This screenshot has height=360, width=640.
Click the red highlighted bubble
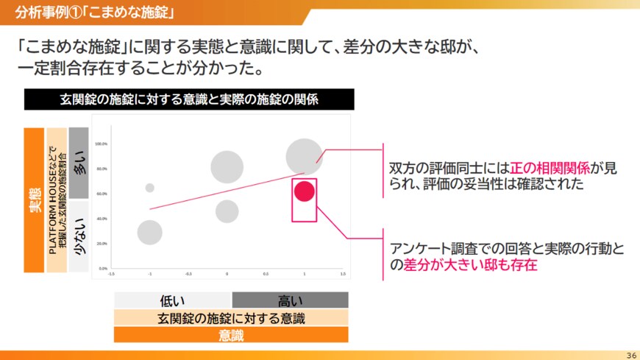305,191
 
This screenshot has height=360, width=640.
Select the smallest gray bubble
150,188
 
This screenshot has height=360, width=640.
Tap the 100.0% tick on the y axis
102,144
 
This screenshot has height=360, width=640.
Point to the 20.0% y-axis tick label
102,243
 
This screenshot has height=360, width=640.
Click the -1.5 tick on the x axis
111,274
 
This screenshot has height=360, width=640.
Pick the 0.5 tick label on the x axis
266,274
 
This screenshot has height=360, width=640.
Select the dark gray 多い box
79,163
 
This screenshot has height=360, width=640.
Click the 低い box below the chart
173,300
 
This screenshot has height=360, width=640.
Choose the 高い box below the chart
290,300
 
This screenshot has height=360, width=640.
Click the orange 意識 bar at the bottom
231,335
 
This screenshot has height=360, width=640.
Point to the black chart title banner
189,99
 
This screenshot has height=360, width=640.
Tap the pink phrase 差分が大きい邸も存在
470,265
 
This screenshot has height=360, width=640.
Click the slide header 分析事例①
51,11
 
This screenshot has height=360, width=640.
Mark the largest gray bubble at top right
305,157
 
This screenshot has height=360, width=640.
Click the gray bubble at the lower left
149,233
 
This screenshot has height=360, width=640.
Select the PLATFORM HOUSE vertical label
57,200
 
